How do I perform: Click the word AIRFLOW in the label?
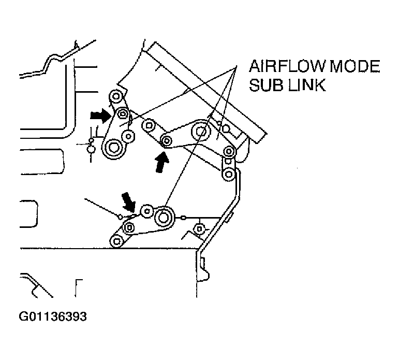[287, 66]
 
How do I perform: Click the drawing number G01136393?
[53, 316]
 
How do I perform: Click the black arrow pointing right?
[101, 116]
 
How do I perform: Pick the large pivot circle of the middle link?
[201, 132]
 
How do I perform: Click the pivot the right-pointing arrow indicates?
[123, 113]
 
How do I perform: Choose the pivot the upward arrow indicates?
[167, 140]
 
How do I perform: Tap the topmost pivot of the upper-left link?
[116, 96]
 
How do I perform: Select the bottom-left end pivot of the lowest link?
[116, 241]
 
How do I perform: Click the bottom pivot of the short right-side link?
[229, 174]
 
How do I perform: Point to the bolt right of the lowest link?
[199, 229]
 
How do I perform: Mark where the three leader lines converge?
[237, 66]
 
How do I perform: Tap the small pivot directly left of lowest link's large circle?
[147, 211]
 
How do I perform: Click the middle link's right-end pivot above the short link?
[229, 152]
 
